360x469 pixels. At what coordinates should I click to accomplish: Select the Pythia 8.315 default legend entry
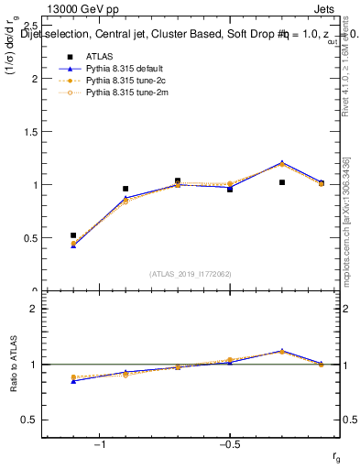point(127,67)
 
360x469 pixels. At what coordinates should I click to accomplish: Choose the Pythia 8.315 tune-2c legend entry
point(125,80)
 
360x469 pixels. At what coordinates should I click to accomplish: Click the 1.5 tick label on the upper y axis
point(29,131)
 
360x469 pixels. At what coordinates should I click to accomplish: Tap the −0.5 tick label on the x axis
point(229,445)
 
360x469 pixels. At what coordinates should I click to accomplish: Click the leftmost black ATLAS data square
point(73,235)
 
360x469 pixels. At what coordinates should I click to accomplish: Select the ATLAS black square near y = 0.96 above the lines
point(125,189)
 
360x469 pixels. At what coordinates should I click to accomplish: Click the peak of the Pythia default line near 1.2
point(281,163)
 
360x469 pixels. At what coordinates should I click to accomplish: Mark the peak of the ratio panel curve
point(281,351)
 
